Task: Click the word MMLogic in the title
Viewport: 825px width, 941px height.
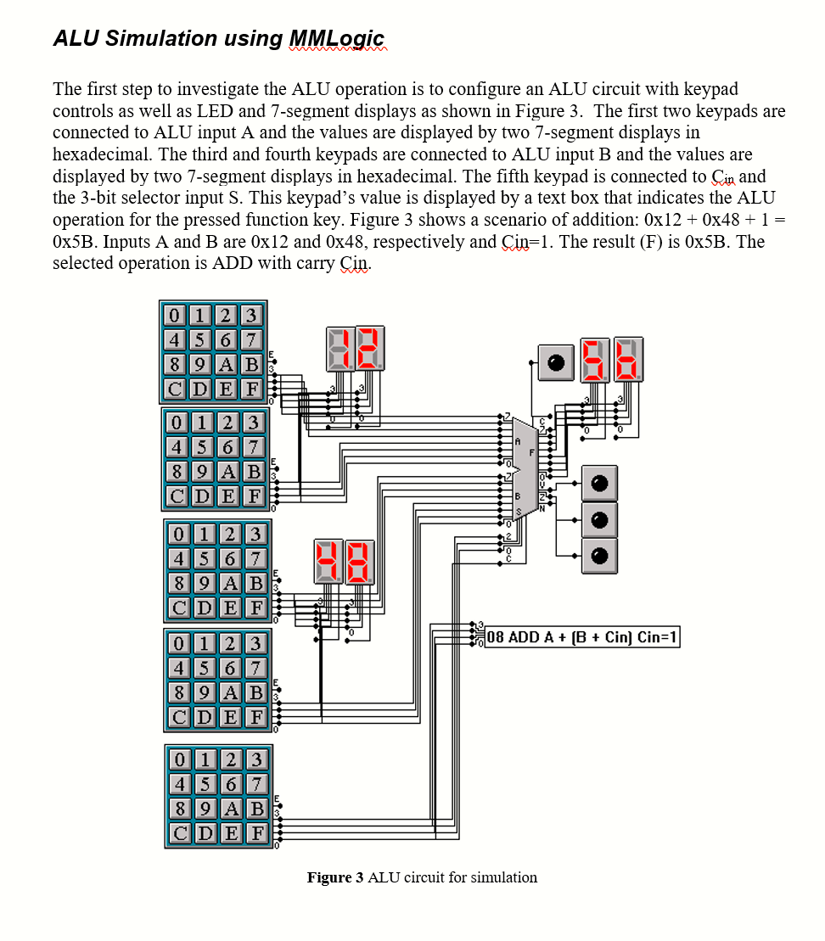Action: pyautogui.click(x=337, y=38)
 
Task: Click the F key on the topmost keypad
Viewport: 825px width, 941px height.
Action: pyautogui.click(x=252, y=389)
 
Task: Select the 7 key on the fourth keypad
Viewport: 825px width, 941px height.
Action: pyautogui.click(x=256, y=668)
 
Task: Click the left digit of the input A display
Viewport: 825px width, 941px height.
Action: pyautogui.click(x=337, y=349)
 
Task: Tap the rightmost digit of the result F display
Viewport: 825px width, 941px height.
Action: pyautogui.click(x=627, y=359)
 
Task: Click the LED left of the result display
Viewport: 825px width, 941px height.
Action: pyautogui.click(x=555, y=362)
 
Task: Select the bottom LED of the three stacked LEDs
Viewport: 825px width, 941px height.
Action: pyautogui.click(x=599, y=555)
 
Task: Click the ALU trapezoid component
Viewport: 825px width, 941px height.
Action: pyautogui.click(x=525, y=466)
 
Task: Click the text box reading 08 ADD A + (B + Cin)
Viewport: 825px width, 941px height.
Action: pyautogui.click(x=581, y=637)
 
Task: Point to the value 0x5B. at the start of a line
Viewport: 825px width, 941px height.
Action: pyautogui.click(x=76, y=242)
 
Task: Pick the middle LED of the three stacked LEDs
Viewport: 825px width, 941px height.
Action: pyautogui.click(x=599, y=518)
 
